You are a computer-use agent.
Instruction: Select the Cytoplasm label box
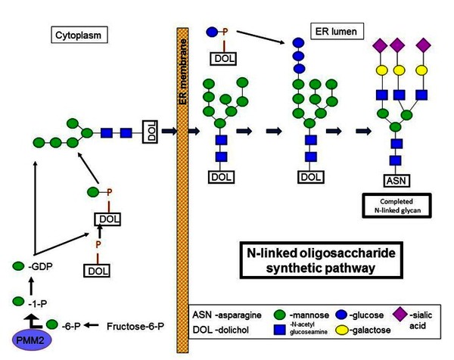click(x=78, y=35)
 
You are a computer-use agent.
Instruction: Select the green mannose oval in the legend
click(x=281, y=312)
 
